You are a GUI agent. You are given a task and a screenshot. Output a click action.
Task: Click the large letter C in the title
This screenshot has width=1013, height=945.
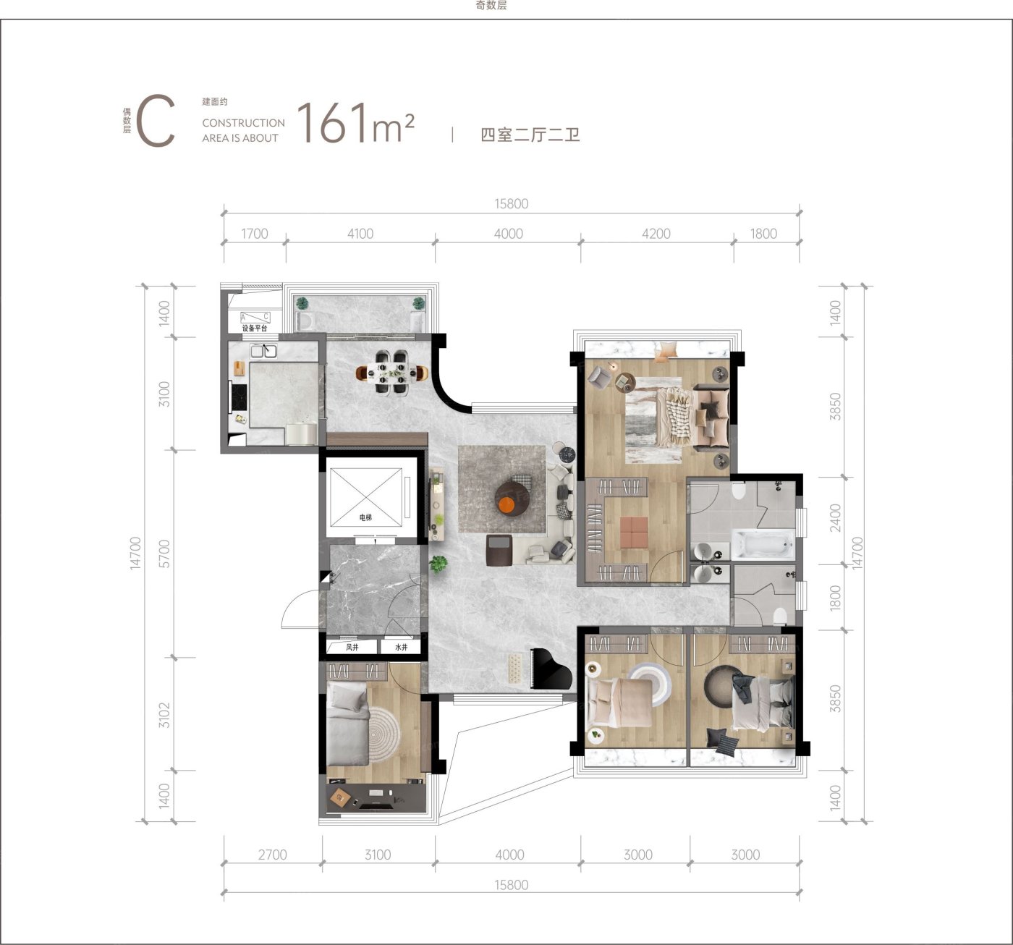pos(156,121)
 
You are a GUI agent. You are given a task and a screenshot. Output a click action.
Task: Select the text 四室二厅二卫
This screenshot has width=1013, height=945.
pos(530,135)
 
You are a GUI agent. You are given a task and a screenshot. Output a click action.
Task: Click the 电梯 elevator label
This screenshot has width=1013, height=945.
pos(365,517)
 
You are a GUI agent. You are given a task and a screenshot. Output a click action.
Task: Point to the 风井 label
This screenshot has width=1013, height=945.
pos(352,647)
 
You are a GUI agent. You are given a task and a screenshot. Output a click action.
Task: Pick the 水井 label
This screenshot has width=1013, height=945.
pos(402,647)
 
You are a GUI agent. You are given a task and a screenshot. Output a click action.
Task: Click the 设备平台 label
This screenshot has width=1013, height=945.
pos(255,328)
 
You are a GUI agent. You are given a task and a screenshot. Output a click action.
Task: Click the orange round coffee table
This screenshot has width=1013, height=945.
pos(506,506)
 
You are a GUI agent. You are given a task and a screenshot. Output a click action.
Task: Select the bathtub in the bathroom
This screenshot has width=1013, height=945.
pos(763,544)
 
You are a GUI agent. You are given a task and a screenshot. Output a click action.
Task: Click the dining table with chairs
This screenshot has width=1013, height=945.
pos(391,372)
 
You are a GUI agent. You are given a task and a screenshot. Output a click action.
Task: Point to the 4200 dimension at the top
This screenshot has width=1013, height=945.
pos(656,234)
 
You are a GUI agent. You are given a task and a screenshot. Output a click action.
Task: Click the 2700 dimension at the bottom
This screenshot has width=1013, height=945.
pos(272,855)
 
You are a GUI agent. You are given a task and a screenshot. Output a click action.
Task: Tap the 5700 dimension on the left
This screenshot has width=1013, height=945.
pos(164,554)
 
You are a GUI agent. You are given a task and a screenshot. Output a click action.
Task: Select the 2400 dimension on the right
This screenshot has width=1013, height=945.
pos(834,518)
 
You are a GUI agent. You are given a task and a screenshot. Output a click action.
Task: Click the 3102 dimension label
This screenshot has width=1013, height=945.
pos(164,715)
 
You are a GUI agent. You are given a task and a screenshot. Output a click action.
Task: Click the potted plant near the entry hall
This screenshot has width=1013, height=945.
pos(438,564)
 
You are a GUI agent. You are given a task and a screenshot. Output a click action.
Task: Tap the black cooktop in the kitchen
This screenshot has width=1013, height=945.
pos(238,397)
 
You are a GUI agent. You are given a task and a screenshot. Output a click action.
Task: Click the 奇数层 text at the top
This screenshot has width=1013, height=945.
pos(491,6)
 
